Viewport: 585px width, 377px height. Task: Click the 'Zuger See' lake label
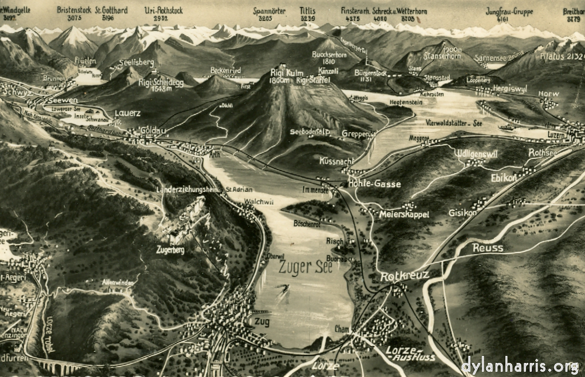[x=305, y=268]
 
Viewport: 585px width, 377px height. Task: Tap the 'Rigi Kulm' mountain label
[x=285, y=73]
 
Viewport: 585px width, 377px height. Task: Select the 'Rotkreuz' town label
[x=404, y=275]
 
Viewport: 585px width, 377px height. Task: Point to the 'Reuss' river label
[x=487, y=248]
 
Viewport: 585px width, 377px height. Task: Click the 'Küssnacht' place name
[x=337, y=160]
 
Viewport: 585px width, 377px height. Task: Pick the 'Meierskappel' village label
[x=404, y=215]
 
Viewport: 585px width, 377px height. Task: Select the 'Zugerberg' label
[x=171, y=249]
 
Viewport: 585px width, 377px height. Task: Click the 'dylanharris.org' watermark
[x=519, y=366]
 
